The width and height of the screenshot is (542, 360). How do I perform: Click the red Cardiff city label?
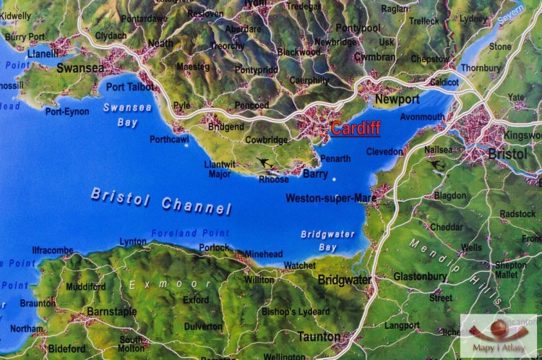pyautogui.click(x=355, y=129)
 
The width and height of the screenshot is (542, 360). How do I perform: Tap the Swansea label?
pyautogui.click(x=80, y=68)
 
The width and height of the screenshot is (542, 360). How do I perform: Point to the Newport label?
pyautogui.click(x=397, y=99)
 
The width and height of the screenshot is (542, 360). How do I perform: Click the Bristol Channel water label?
pyautogui.click(x=161, y=200)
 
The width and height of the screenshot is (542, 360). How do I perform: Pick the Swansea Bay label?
pyautogui.click(x=127, y=115)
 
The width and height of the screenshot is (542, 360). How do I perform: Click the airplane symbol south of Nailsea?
pyautogui.click(x=436, y=165)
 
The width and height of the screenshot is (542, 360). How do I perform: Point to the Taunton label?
pyautogui.click(x=319, y=336)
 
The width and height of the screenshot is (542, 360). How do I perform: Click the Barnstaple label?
pyautogui.click(x=111, y=311)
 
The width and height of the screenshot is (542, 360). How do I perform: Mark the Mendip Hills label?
pyautogui.click(x=456, y=270)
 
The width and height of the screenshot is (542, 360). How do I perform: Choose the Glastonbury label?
pyautogui.click(x=420, y=276)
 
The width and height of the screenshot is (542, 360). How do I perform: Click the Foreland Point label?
pyautogui.click(x=190, y=233)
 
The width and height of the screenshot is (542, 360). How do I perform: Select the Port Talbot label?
pyautogui.click(x=129, y=87)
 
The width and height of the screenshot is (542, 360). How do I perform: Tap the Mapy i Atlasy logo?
pyautogui.click(x=499, y=335)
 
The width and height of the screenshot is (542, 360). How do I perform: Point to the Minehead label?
pyautogui.click(x=264, y=254)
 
